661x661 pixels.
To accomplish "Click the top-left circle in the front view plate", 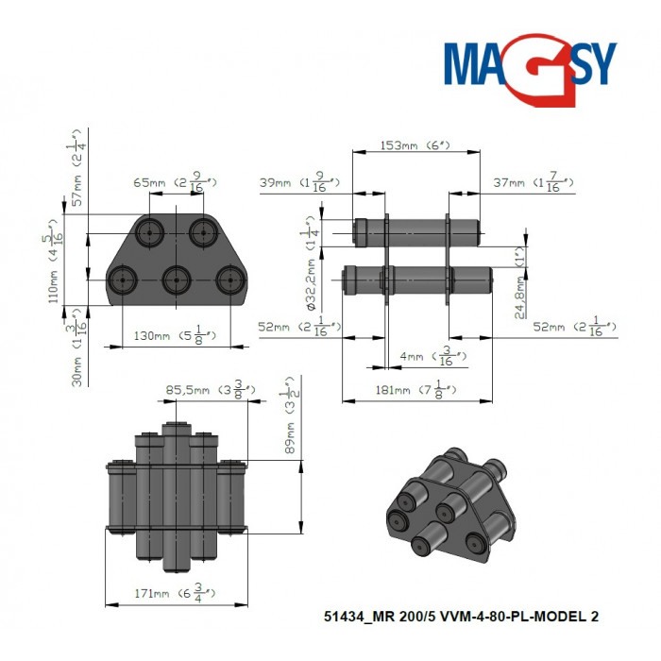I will coord(149,231).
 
